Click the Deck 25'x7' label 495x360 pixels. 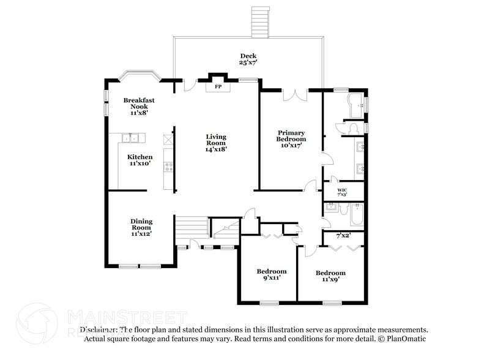[x=248, y=59]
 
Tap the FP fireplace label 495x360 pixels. [x=217, y=87]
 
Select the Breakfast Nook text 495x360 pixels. [x=138, y=104]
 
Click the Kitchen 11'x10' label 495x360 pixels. [x=140, y=160]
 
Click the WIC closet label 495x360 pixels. [x=342, y=192]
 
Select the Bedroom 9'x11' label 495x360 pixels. [x=271, y=274]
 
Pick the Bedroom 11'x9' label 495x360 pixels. [x=330, y=276]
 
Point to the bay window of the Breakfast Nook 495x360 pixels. [x=140, y=75]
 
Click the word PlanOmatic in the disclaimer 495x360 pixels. [x=405, y=339]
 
